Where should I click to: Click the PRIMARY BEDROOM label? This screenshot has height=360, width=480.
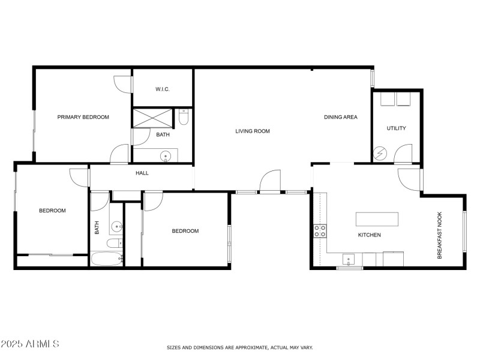tap(83, 117)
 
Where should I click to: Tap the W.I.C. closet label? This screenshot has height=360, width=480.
tap(163, 89)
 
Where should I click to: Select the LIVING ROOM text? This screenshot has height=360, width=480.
tap(253, 131)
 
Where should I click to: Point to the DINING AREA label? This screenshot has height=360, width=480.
tap(340, 117)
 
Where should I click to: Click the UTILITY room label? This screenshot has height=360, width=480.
tap(397, 128)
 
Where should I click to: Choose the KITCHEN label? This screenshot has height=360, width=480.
tap(370, 235)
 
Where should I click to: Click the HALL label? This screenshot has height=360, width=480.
tap(142, 173)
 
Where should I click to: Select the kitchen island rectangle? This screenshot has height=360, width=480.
tap(377, 218)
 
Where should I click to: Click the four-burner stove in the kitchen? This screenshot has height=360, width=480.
tap(320, 231)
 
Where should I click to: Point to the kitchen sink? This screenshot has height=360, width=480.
tap(348, 260)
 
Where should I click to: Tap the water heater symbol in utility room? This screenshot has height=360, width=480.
tap(379, 154)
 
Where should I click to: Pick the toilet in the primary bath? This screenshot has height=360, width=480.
tap(184, 116)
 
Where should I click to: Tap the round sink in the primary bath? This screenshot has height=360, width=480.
tap(166, 156)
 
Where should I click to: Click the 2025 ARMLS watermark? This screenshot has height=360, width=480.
tap(30, 344)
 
